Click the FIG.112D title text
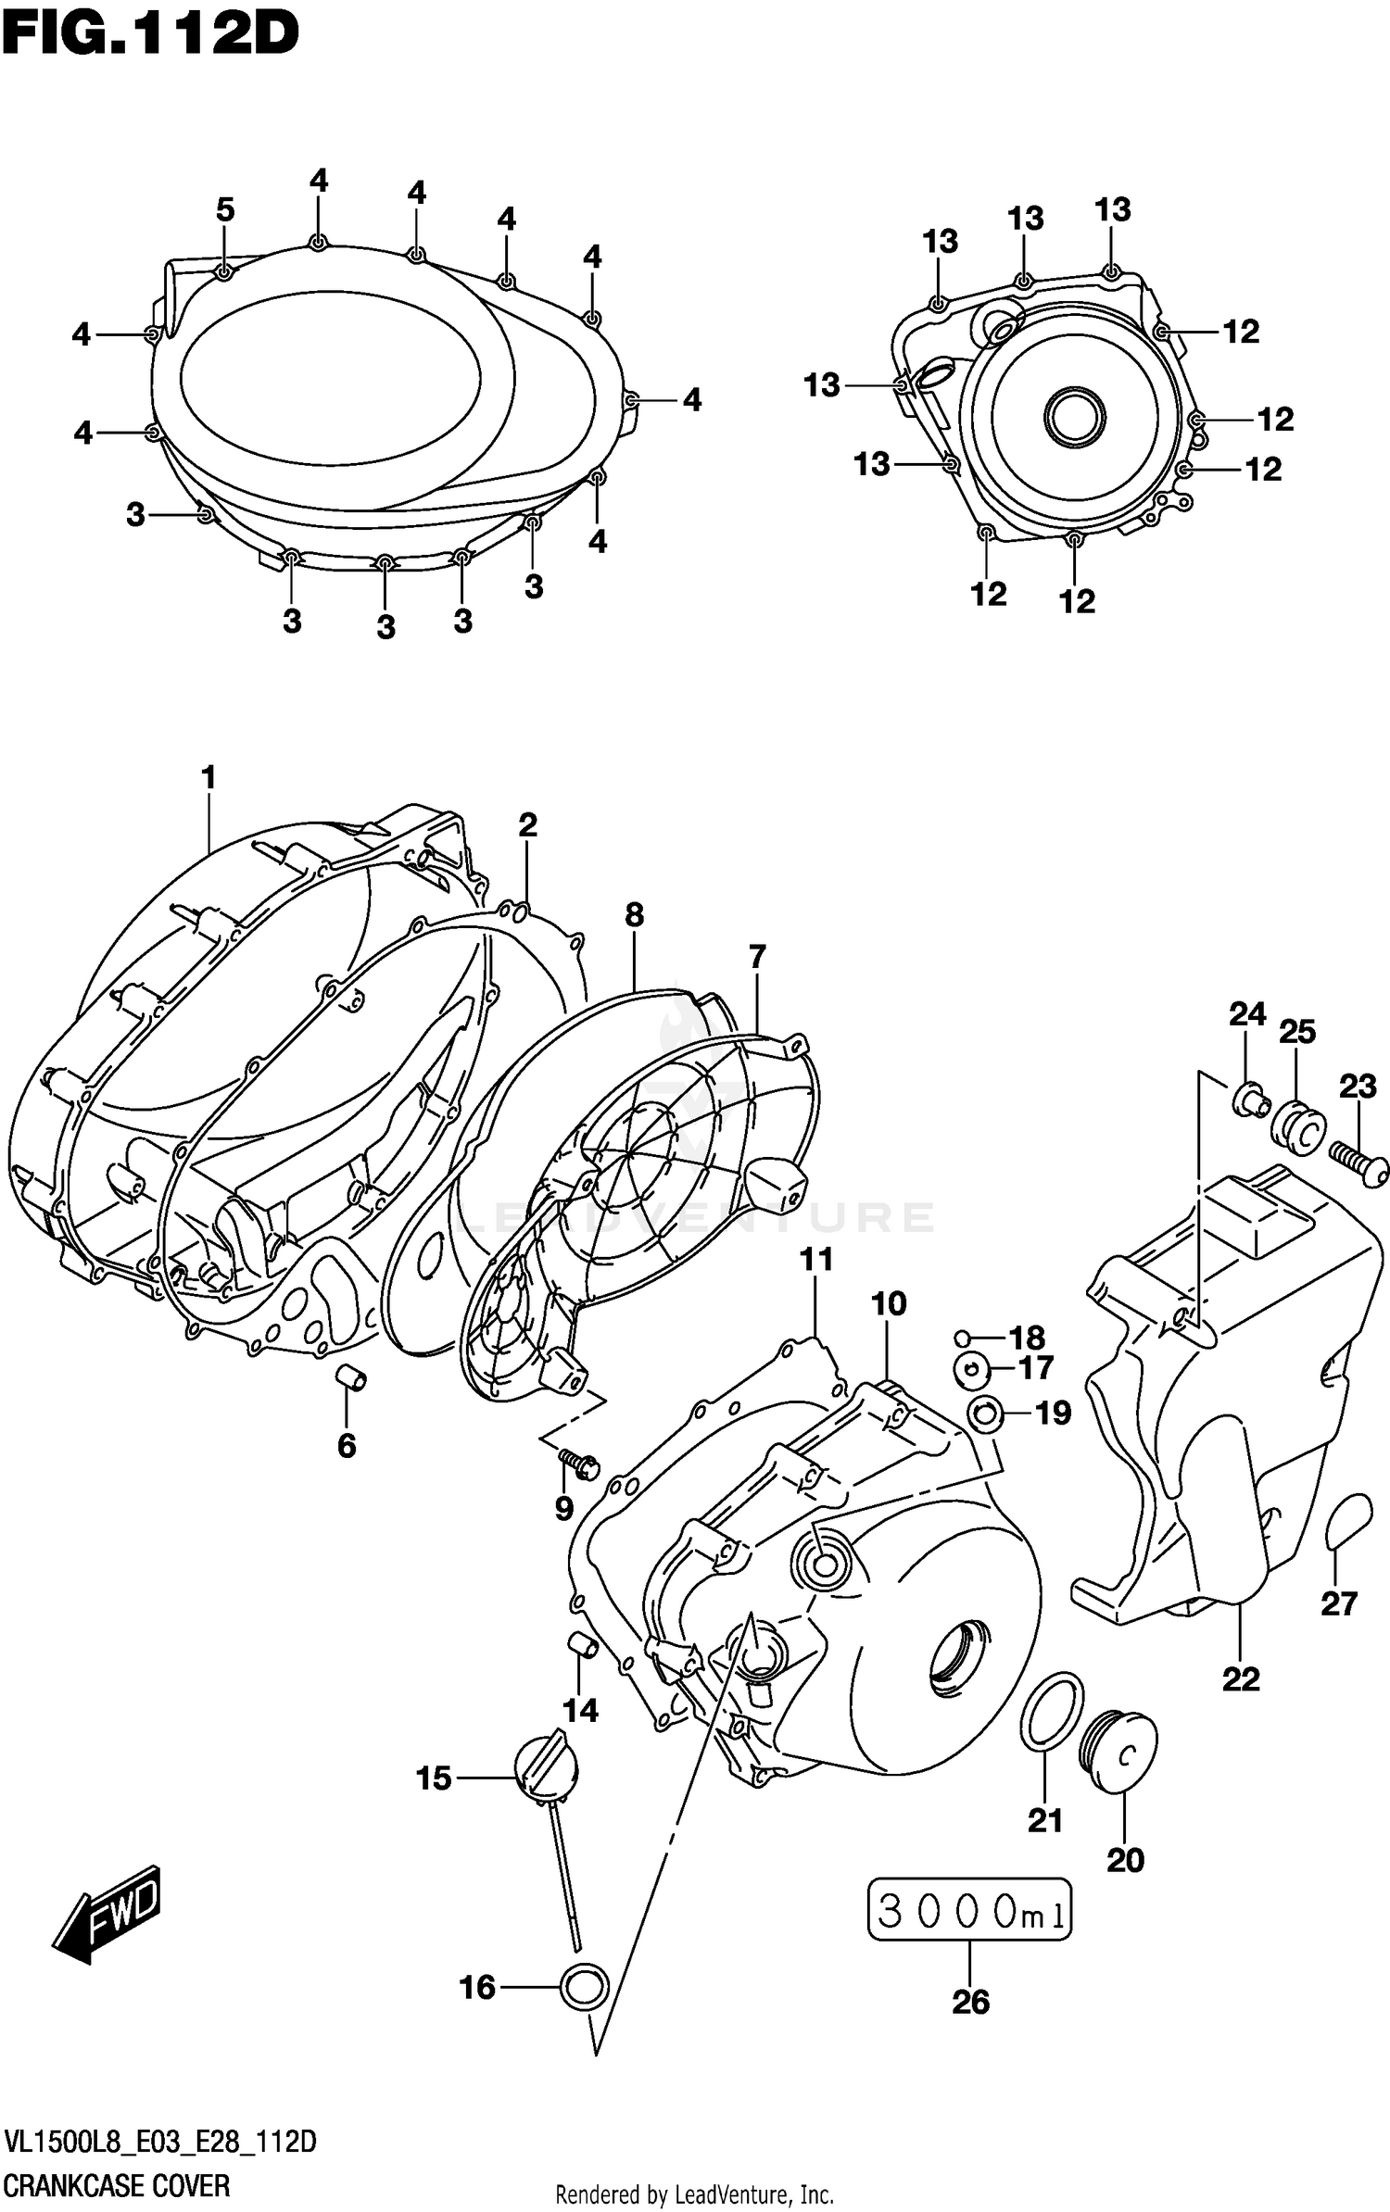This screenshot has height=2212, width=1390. (150, 35)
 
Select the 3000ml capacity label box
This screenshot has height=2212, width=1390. (969, 1910)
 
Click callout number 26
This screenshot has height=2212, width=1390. (970, 2002)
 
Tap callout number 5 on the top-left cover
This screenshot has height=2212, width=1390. (225, 210)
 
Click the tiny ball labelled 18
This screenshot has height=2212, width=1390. (963, 1337)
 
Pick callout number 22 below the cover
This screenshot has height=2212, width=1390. (1241, 1678)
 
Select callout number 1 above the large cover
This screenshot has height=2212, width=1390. (208, 777)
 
